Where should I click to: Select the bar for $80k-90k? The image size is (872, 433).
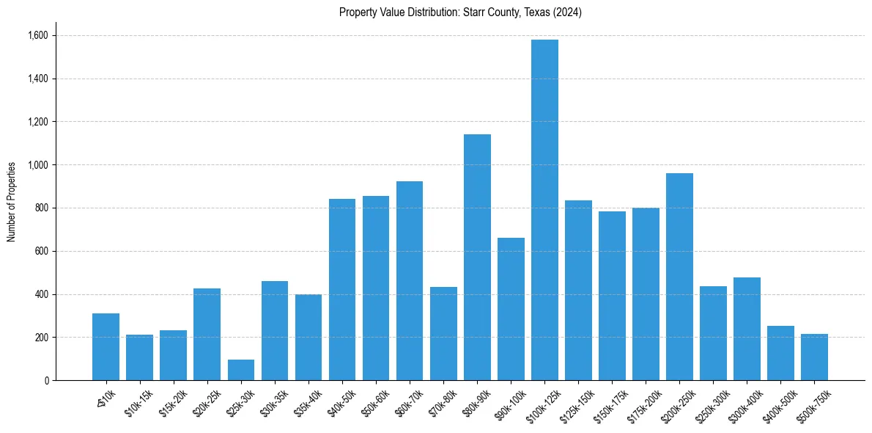click(477, 257)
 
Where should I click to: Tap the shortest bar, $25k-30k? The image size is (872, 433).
click(241, 370)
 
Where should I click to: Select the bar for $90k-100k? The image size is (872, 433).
click(511, 309)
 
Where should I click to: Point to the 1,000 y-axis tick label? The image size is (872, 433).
click(37, 165)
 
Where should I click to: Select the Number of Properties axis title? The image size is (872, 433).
click(11, 201)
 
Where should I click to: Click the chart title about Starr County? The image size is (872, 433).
click(460, 12)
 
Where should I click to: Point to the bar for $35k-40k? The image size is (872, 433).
click(308, 338)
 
